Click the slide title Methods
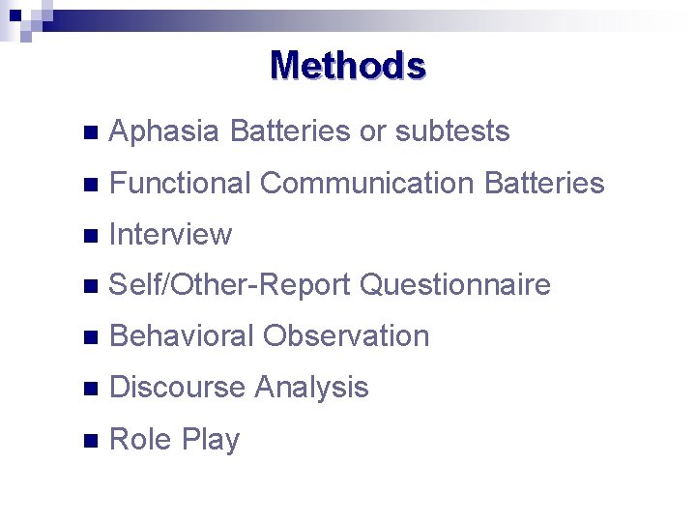coord(348,66)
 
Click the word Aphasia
coord(164,131)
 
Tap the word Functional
coord(181,183)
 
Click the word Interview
coord(171,234)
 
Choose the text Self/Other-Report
coord(231,285)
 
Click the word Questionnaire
coord(455,285)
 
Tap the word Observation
coord(346,336)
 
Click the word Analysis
coord(311,388)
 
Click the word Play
coord(211,440)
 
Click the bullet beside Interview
coord(91,235)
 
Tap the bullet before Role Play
coord(91,440)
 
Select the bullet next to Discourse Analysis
coord(91,389)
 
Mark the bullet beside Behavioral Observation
coord(91,337)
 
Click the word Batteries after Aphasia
coord(291,131)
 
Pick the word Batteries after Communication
coord(544,183)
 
